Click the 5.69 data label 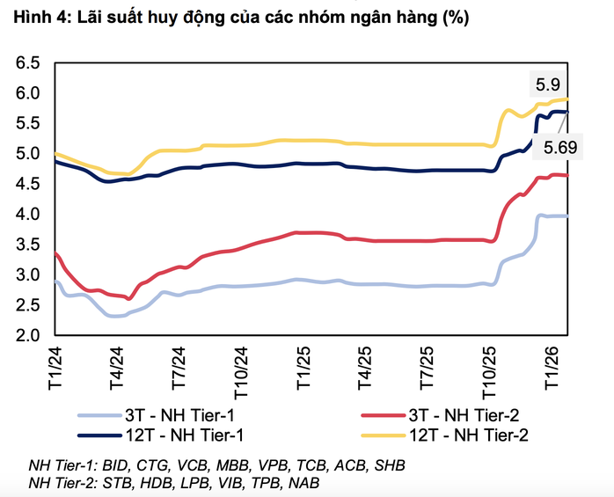[x=559, y=148]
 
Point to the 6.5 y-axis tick [x=29, y=63]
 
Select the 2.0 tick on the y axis [x=29, y=335]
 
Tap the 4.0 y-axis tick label [x=29, y=215]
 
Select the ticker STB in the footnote [x=118, y=483]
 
